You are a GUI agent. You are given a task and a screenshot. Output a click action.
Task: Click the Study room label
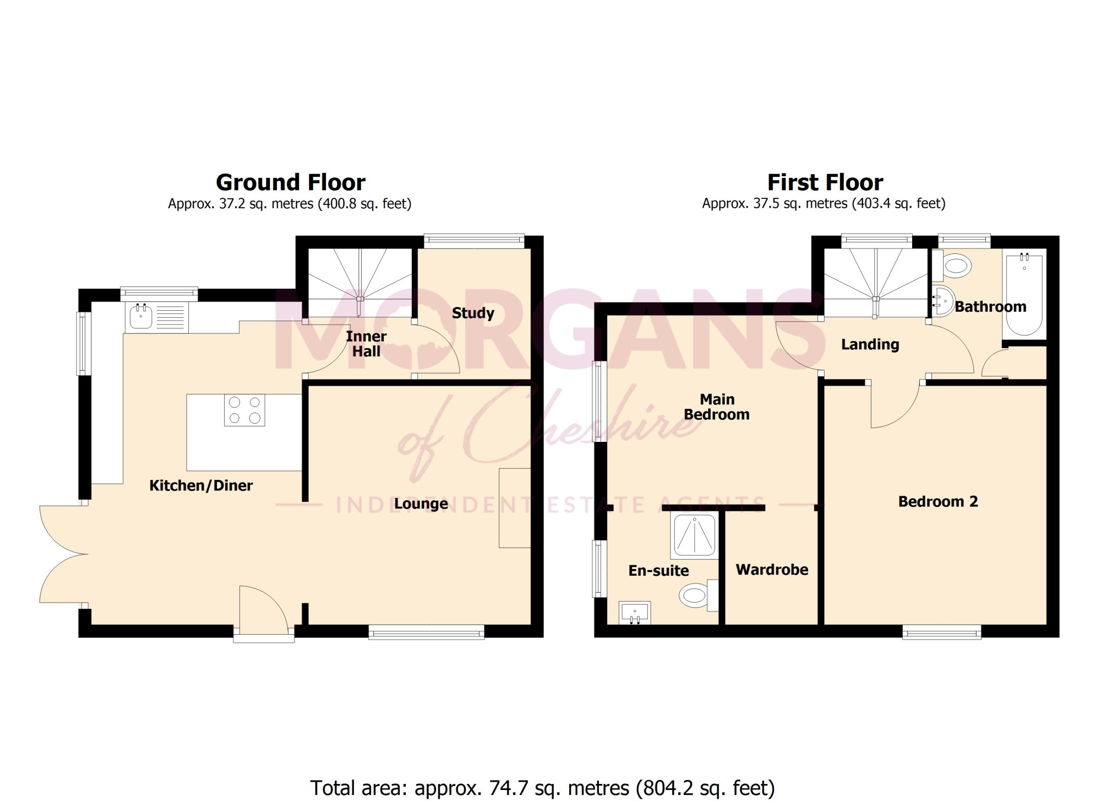click(473, 313)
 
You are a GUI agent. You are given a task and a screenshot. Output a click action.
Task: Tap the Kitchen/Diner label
click(201, 485)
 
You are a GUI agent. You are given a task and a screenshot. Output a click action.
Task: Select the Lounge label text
click(421, 504)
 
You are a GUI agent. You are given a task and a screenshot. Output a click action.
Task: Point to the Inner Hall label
click(366, 344)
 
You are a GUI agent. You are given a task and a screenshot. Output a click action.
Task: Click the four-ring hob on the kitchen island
click(244, 410)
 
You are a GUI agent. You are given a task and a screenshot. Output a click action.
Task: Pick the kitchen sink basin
click(141, 317)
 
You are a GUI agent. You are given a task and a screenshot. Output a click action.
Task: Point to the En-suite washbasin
click(635, 613)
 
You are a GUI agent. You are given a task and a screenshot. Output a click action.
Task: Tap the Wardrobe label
click(772, 570)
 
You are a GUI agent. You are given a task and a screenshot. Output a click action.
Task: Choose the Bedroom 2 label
click(938, 501)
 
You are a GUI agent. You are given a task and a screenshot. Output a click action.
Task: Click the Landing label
click(870, 345)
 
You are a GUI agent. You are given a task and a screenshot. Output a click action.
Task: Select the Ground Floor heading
click(291, 182)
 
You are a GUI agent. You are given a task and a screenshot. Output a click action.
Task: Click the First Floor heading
click(825, 182)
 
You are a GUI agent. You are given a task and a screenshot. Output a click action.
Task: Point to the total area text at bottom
click(542, 788)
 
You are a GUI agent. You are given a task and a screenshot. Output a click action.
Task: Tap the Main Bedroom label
click(717, 407)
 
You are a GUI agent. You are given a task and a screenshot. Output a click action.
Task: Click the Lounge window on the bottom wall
click(426, 632)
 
